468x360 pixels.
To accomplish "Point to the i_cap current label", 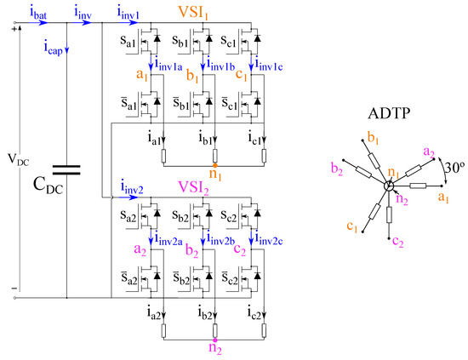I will pos(53,49).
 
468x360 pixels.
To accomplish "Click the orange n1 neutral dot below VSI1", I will pos(215,164).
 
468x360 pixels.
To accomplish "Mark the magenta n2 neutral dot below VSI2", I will pos(215,338).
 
